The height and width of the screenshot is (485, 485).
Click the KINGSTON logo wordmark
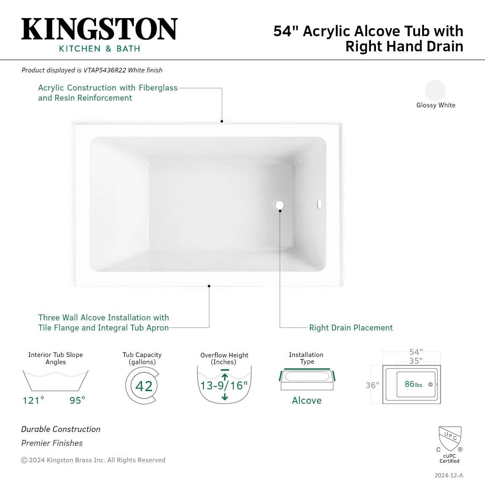coord(99,29)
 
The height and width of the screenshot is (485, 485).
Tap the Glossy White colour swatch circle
coord(435,90)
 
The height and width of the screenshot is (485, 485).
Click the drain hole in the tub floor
coord(280,205)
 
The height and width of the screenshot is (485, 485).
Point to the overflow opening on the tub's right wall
coord(319,204)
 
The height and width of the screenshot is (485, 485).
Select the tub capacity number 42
coord(144,386)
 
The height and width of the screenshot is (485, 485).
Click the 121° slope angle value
coord(33,400)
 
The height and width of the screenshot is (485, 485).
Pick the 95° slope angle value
coord(77,400)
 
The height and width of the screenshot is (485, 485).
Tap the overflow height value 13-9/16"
coord(224,386)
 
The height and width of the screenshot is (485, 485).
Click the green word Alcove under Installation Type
coord(306,400)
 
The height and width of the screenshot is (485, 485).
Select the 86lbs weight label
coord(413,384)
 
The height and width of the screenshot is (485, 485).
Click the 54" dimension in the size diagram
coord(416,352)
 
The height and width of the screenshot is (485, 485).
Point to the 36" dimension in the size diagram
coord(373,385)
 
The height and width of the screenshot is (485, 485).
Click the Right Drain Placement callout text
coord(351,328)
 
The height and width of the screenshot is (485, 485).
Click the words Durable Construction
coord(61,429)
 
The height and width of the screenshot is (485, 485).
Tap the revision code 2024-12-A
coord(448,475)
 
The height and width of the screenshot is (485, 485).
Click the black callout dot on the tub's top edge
coord(222,121)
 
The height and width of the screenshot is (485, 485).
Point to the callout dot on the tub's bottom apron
coord(209,286)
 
